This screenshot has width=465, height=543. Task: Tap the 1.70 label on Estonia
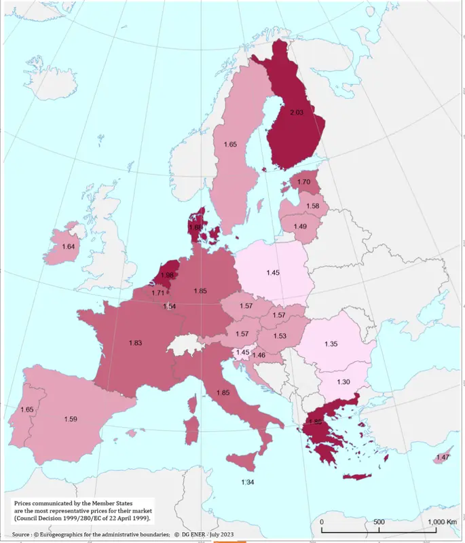click(304, 182)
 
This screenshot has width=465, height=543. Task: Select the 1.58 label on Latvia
click(312, 206)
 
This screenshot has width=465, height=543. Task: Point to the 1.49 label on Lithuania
click(299, 227)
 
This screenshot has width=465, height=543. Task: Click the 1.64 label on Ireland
click(69, 246)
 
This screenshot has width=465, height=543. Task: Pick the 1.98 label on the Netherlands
click(168, 276)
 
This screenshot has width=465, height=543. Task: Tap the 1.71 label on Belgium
click(158, 293)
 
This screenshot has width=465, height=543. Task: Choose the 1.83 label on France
click(134, 343)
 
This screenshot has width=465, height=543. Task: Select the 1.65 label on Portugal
click(27, 409)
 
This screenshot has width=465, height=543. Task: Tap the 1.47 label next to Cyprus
click(443, 458)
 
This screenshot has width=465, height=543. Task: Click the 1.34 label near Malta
click(248, 482)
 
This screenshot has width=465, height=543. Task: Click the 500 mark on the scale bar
click(379, 521)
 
